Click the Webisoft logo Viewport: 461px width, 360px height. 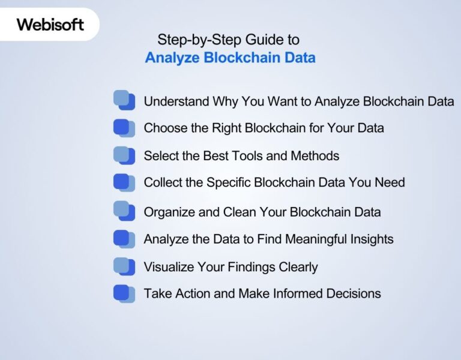point(50,25)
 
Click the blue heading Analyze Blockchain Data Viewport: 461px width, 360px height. point(230,58)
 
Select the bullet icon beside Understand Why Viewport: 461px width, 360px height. point(124,100)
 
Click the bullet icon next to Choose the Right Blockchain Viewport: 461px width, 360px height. point(124,128)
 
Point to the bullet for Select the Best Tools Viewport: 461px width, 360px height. point(124,156)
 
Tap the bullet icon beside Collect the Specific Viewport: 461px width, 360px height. point(124,182)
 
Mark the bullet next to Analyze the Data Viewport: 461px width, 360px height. point(124,239)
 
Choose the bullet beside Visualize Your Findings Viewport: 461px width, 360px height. point(124,266)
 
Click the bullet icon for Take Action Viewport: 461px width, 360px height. point(124,293)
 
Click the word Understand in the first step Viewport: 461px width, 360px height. point(176,101)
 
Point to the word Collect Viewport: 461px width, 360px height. point(163,182)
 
